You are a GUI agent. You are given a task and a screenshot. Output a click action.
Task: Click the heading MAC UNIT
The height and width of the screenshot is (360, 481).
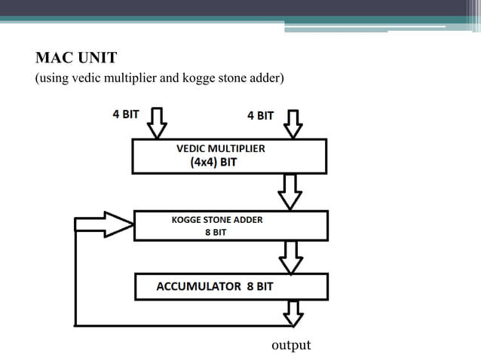click(77, 57)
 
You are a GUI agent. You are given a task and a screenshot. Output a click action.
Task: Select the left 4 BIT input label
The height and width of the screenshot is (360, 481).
click(125, 115)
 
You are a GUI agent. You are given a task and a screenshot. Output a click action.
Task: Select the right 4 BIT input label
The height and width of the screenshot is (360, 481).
click(260, 115)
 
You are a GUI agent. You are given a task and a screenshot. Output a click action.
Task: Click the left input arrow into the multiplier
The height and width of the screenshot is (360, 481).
click(156, 123)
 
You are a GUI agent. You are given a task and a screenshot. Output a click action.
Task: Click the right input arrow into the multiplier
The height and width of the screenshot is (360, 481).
click(292, 124)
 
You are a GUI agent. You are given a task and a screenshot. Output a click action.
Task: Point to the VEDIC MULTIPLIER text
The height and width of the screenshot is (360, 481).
click(220, 148)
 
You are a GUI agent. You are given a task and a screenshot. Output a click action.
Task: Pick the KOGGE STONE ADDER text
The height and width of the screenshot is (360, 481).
click(217, 220)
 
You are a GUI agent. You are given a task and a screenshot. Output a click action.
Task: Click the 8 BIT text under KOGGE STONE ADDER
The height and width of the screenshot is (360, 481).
click(216, 233)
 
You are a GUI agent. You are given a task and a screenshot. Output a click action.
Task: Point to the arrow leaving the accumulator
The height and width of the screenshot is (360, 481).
click(291, 313)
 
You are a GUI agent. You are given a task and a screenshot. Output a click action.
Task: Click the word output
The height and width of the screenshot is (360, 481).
click(290, 345)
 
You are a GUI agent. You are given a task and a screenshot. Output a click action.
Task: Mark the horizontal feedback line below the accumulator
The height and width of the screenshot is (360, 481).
click(181, 325)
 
